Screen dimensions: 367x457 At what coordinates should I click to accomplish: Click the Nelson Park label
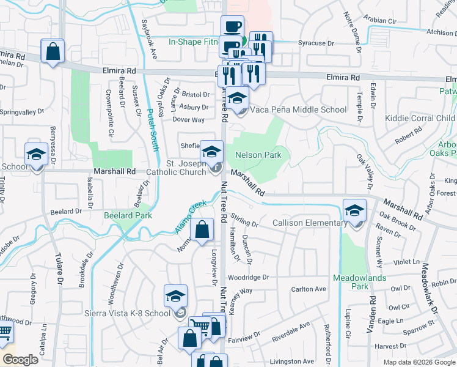tap(258, 155)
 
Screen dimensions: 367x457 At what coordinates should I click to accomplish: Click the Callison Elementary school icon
tap(354, 211)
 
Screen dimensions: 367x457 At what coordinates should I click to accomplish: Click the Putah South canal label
tap(148, 131)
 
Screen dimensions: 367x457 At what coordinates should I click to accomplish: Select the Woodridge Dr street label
tap(248, 277)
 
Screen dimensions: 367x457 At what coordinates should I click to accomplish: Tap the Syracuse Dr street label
tap(316, 44)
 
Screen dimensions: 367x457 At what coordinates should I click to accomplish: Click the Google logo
tap(20, 359)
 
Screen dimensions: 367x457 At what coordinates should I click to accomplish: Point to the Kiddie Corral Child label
tap(420, 118)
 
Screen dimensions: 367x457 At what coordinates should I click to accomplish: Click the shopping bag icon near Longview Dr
tap(202, 231)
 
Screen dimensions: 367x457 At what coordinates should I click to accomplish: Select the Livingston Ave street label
tap(292, 361)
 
